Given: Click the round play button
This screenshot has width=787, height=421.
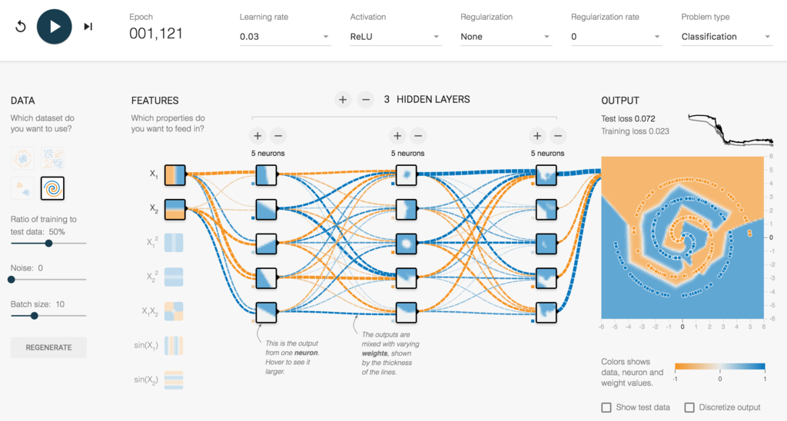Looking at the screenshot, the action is point(55,27).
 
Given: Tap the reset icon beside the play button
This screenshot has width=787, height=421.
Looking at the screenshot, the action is point(21,27).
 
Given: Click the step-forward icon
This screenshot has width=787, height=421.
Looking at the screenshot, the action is point(88,27).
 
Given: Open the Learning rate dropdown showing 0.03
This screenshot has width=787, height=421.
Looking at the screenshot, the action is point(284,37).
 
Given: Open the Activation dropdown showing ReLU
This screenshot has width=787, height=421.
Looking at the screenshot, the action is point(395,37).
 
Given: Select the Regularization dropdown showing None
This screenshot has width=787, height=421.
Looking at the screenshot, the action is point(506,37).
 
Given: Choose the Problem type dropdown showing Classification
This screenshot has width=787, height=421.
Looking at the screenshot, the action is point(726,37).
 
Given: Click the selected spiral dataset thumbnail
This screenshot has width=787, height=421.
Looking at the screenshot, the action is point(52,188).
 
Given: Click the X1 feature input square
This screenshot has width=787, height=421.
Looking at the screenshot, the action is point(175,175).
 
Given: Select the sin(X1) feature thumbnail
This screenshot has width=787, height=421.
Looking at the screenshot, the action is point(174,346).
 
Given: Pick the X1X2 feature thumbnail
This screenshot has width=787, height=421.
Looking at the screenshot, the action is point(174,311).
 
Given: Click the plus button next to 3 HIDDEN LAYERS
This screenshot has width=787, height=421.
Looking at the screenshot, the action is point(343,100).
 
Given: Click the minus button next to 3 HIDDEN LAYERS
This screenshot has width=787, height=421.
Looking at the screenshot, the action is point(366,100).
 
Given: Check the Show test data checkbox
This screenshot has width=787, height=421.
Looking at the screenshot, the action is point(606,407).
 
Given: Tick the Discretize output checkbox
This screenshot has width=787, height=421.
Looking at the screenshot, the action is point(689,407).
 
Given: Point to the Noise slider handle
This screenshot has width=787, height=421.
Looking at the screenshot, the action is point(12,280).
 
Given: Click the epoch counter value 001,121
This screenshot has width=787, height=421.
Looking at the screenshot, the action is point(156,34).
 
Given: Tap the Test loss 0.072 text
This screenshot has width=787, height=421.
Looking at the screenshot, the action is point(628,119).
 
